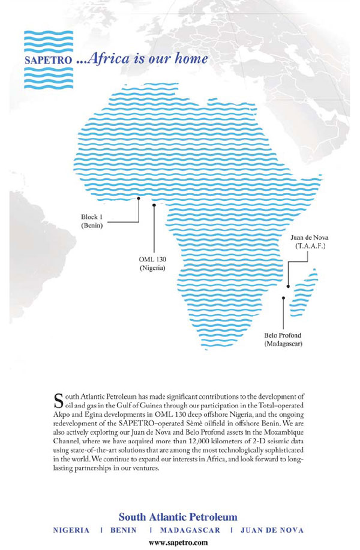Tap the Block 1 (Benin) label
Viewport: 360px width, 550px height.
[92, 221]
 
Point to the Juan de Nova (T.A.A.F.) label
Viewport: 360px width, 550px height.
[309, 242]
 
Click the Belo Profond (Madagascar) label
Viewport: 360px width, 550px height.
[283, 339]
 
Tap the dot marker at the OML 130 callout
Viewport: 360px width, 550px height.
[154, 205]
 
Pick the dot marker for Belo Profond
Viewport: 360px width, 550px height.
[283, 298]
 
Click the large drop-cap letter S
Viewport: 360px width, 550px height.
[58, 399]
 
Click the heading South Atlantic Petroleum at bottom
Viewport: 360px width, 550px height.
[178, 516]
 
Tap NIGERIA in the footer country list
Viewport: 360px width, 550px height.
[71, 530]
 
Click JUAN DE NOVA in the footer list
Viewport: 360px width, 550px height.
[271, 530]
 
